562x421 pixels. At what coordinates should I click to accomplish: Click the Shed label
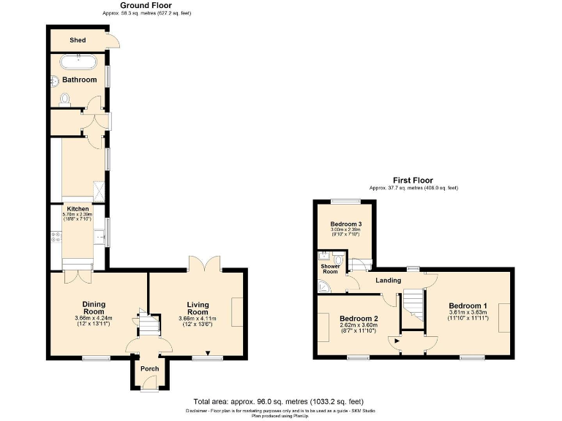[x=78, y=40]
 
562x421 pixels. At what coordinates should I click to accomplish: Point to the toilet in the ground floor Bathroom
[x=64, y=99]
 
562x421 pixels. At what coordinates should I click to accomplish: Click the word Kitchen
[x=78, y=208]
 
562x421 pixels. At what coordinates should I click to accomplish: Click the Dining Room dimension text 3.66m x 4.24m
[x=93, y=318]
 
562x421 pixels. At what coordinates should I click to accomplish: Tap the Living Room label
[x=198, y=308]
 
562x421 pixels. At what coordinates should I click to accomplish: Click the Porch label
[x=149, y=368]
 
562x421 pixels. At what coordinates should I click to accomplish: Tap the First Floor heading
[x=413, y=181]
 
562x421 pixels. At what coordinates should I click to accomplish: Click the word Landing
[x=389, y=280]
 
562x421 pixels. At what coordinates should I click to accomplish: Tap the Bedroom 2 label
[x=359, y=318]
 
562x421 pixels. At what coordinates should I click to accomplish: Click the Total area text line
[x=277, y=401]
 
